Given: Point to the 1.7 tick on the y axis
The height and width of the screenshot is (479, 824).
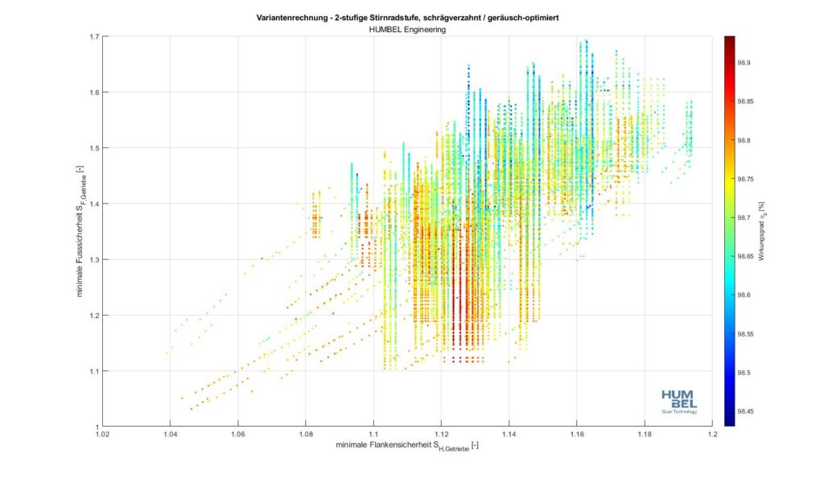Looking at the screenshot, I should tap(94, 37).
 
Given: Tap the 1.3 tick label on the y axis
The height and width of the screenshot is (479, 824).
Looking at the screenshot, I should tap(94, 260).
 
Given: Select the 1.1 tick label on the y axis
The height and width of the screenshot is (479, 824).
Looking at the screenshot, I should tap(94, 371).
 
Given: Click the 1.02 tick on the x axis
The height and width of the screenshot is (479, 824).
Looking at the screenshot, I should tap(102, 435).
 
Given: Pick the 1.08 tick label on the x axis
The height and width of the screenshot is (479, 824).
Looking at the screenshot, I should tap(305, 435).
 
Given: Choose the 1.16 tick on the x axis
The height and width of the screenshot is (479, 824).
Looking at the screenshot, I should tap(576, 435).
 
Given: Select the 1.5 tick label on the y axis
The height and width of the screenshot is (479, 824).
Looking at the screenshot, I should tap(94, 148).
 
